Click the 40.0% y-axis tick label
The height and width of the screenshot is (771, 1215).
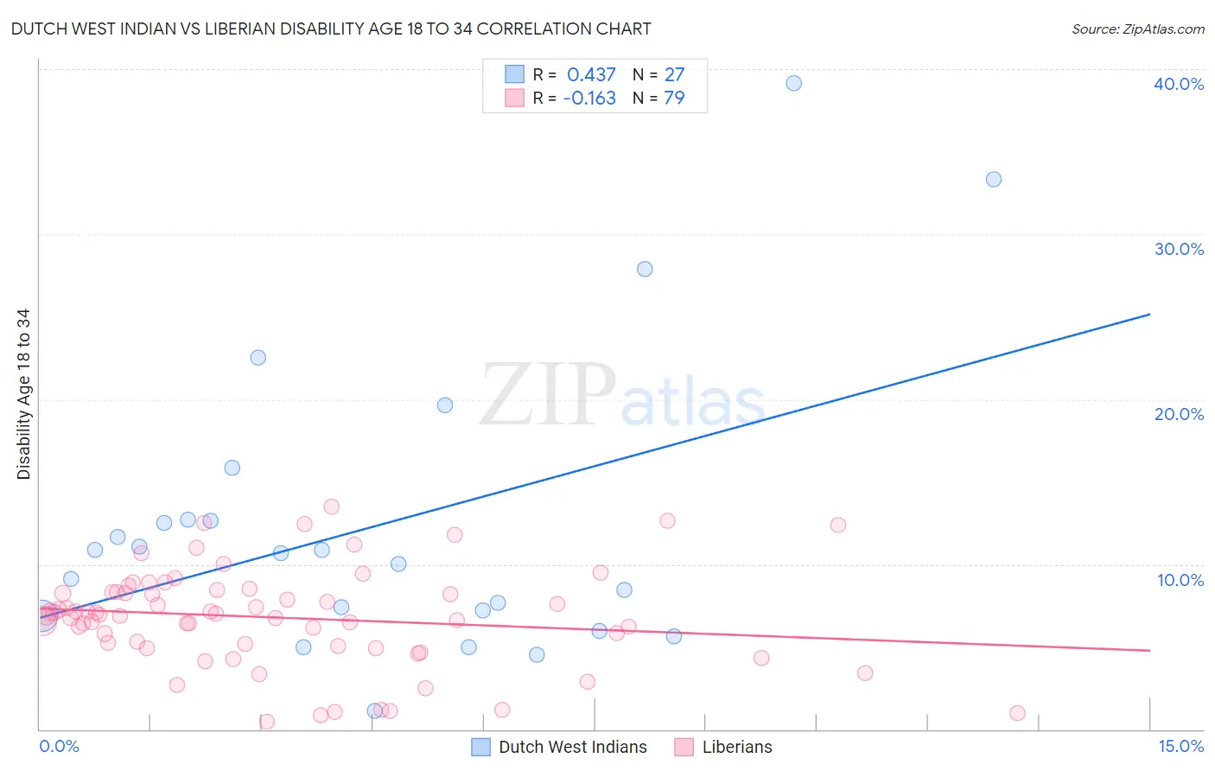(1179, 84)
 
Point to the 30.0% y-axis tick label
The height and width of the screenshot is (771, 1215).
(1179, 249)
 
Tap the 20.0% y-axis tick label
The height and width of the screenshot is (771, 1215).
(1179, 414)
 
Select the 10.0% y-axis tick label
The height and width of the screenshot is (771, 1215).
(1180, 580)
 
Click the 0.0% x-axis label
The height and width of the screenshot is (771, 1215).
(59, 746)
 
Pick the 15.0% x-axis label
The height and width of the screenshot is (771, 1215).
(1180, 746)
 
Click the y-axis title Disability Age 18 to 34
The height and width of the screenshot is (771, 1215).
(23, 394)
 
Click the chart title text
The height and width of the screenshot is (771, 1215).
(331, 29)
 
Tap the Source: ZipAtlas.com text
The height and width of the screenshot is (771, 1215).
(1137, 29)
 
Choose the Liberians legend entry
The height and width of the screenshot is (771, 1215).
(736, 747)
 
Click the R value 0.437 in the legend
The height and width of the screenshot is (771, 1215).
(591, 74)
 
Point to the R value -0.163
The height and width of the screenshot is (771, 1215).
(589, 99)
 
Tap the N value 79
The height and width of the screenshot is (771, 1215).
(674, 99)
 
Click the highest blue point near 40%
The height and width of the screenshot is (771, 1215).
(793, 83)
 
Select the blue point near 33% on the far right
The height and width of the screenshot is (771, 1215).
(994, 179)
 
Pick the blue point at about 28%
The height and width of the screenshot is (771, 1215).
(645, 269)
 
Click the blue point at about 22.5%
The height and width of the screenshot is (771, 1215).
(258, 357)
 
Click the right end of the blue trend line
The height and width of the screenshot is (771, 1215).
(1149, 315)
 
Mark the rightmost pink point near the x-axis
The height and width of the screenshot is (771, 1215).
(1017, 713)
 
